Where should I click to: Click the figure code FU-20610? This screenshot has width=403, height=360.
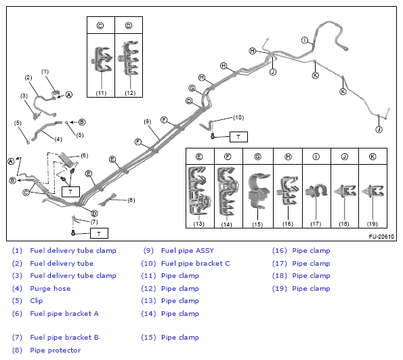click(381, 237)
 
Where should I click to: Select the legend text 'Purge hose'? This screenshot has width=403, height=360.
click(50, 288)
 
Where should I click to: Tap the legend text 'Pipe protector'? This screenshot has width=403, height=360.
click(56, 351)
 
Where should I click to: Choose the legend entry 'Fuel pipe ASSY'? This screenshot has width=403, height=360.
click(188, 251)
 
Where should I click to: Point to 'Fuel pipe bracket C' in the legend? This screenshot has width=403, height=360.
click(195, 264)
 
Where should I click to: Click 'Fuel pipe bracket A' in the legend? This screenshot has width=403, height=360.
click(64, 313)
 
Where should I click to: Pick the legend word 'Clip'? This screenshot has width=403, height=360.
click(37, 301)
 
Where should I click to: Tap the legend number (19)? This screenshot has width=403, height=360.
click(279, 288)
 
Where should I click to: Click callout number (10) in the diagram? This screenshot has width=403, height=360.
click(238, 117)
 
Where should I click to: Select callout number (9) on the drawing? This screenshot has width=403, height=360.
click(148, 122)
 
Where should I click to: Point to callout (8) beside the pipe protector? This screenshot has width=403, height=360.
click(131, 200)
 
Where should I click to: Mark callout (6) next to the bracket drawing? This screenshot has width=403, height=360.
click(84, 155)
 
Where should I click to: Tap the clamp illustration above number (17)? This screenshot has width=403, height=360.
click(316, 191)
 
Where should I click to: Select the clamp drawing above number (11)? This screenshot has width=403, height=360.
click(102, 59)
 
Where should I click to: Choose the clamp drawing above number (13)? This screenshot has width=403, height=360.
click(200, 191)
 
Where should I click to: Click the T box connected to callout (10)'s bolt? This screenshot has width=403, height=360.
click(238, 137)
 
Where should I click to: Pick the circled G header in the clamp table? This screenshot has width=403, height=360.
click(258, 157)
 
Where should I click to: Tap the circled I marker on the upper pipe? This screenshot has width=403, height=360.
click(305, 40)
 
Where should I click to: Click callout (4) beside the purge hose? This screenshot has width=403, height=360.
click(58, 139)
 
